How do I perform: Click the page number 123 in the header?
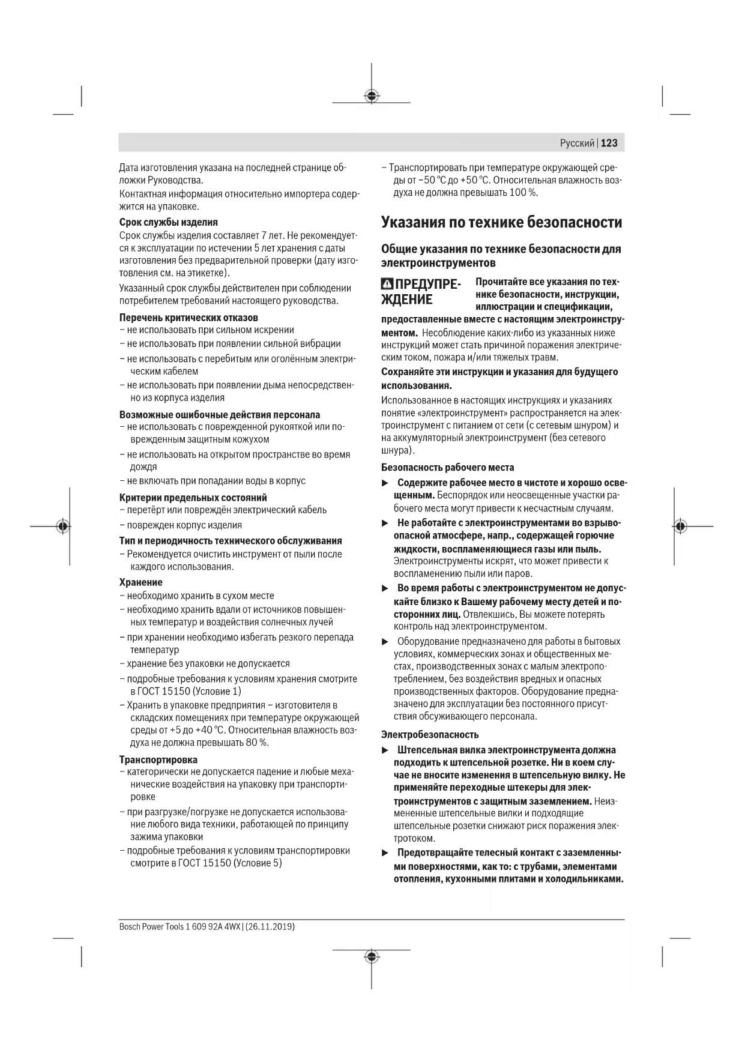click(x=609, y=143)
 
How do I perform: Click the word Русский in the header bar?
click(x=577, y=143)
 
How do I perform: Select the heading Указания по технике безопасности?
click(x=501, y=223)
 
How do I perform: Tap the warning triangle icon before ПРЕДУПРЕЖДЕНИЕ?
click(x=388, y=285)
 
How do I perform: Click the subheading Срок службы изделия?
click(x=168, y=222)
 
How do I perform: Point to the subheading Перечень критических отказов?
click(x=189, y=318)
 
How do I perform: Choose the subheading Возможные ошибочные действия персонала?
click(x=219, y=415)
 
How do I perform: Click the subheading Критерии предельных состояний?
click(x=193, y=498)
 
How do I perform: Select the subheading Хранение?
click(x=140, y=582)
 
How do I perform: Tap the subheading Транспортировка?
click(x=158, y=760)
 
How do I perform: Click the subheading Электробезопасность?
click(x=430, y=735)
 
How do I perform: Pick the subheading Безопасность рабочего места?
click(x=447, y=468)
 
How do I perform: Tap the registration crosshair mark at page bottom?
click(x=372, y=957)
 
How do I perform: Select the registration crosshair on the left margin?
click(x=63, y=526)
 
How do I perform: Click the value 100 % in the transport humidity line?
click(x=523, y=193)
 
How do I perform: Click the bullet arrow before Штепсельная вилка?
click(x=385, y=750)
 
